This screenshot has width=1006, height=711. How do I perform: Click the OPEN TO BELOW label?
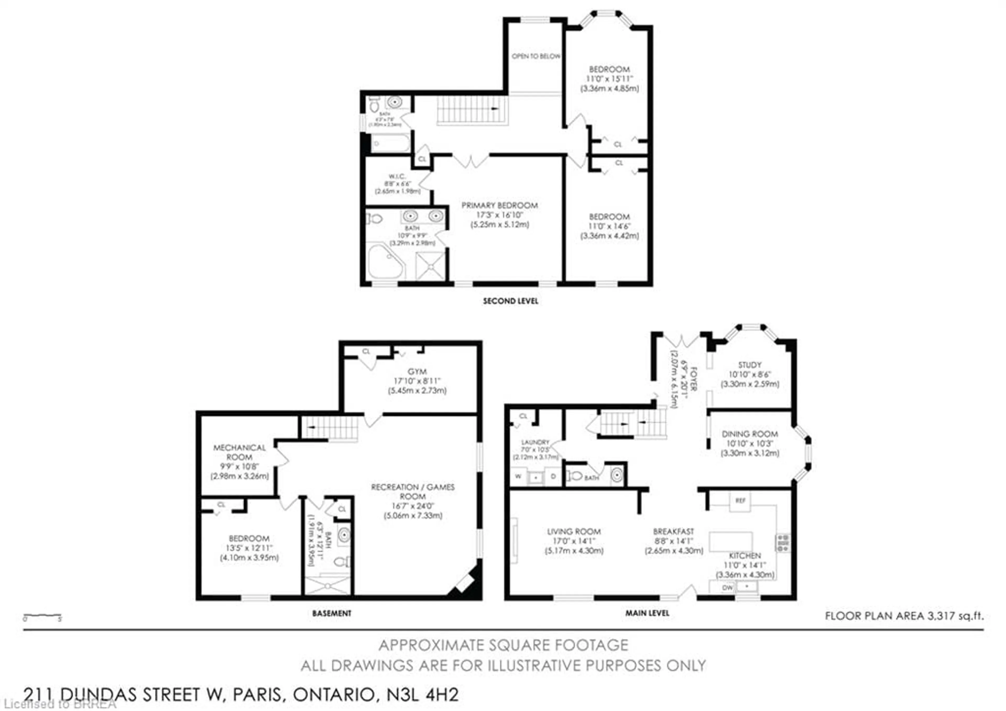[x=535, y=56]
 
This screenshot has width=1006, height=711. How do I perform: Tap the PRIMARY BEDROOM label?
[x=500, y=205]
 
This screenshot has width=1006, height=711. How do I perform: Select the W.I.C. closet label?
[x=397, y=176]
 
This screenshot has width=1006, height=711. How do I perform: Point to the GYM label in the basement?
[x=417, y=372]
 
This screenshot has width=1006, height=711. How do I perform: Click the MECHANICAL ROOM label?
[x=239, y=452]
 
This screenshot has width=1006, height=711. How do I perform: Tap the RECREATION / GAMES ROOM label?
[x=412, y=491]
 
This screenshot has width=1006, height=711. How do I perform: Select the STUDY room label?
[x=750, y=365]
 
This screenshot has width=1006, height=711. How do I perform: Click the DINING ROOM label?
[x=750, y=434]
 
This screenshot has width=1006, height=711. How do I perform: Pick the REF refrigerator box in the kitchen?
[x=740, y=500]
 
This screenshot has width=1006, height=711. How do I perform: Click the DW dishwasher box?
[x=727, y=587]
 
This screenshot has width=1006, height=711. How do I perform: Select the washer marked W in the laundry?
[x=518, y=476]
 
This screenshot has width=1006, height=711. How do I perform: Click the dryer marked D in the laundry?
[x=553, y=476]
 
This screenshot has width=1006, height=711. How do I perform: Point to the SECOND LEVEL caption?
[x=510, y=301]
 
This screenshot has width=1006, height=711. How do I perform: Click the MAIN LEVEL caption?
[x=647, y=613]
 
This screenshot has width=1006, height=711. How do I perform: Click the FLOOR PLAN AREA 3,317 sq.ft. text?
[x=904, y=616]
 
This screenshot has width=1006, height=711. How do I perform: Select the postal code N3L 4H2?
[x=423, y=694]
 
